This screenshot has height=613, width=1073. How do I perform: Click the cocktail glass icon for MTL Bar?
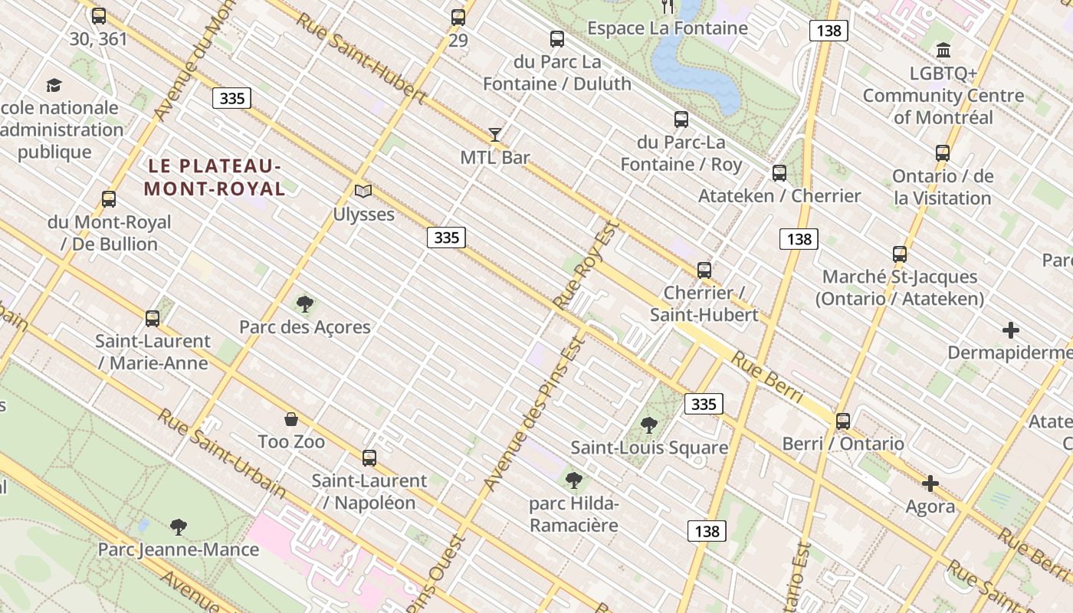click(495, 135)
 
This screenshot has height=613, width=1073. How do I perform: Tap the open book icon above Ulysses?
click(363, 191)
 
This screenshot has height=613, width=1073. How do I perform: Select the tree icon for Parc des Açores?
click(305, 304)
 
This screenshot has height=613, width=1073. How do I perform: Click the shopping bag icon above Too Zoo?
click(291, 419)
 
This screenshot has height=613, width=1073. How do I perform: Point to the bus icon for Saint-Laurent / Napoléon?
click(369, 458)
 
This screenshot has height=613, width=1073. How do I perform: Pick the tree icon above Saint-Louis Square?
click(649, 425)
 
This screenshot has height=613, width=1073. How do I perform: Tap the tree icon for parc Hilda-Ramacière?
click(573, 480)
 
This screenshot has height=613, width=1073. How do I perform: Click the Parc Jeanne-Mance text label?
click(179, 549)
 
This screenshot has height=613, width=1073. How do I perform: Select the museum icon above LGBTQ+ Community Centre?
click(943, 51)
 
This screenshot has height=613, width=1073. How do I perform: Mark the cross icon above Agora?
click(930, 484)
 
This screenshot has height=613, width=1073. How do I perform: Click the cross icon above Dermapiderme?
click(1011, 330)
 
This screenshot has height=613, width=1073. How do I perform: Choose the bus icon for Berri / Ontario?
click(843, 421)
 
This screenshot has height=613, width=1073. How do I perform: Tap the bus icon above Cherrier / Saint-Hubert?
click(704, 270)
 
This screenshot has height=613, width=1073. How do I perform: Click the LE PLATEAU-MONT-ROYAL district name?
click(215, 177)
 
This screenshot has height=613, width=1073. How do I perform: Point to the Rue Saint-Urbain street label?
click(221, 453)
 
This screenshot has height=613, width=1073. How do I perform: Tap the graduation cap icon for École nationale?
click(54, 85)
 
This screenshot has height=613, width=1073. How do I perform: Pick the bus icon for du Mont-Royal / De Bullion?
click(109, 199)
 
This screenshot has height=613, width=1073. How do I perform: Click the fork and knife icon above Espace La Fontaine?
click(668, 7)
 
